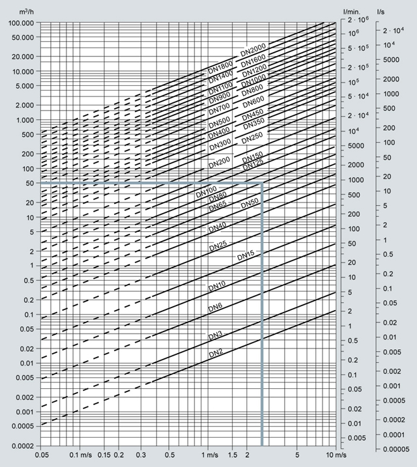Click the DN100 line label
pos(207,191)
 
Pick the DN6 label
pos(216,308)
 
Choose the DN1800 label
pos(220,68)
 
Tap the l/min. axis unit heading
pos(352,11)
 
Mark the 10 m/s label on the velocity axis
pos(332,454)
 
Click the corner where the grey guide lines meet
pos(262,184)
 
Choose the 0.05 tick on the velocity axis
pos(41,454)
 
